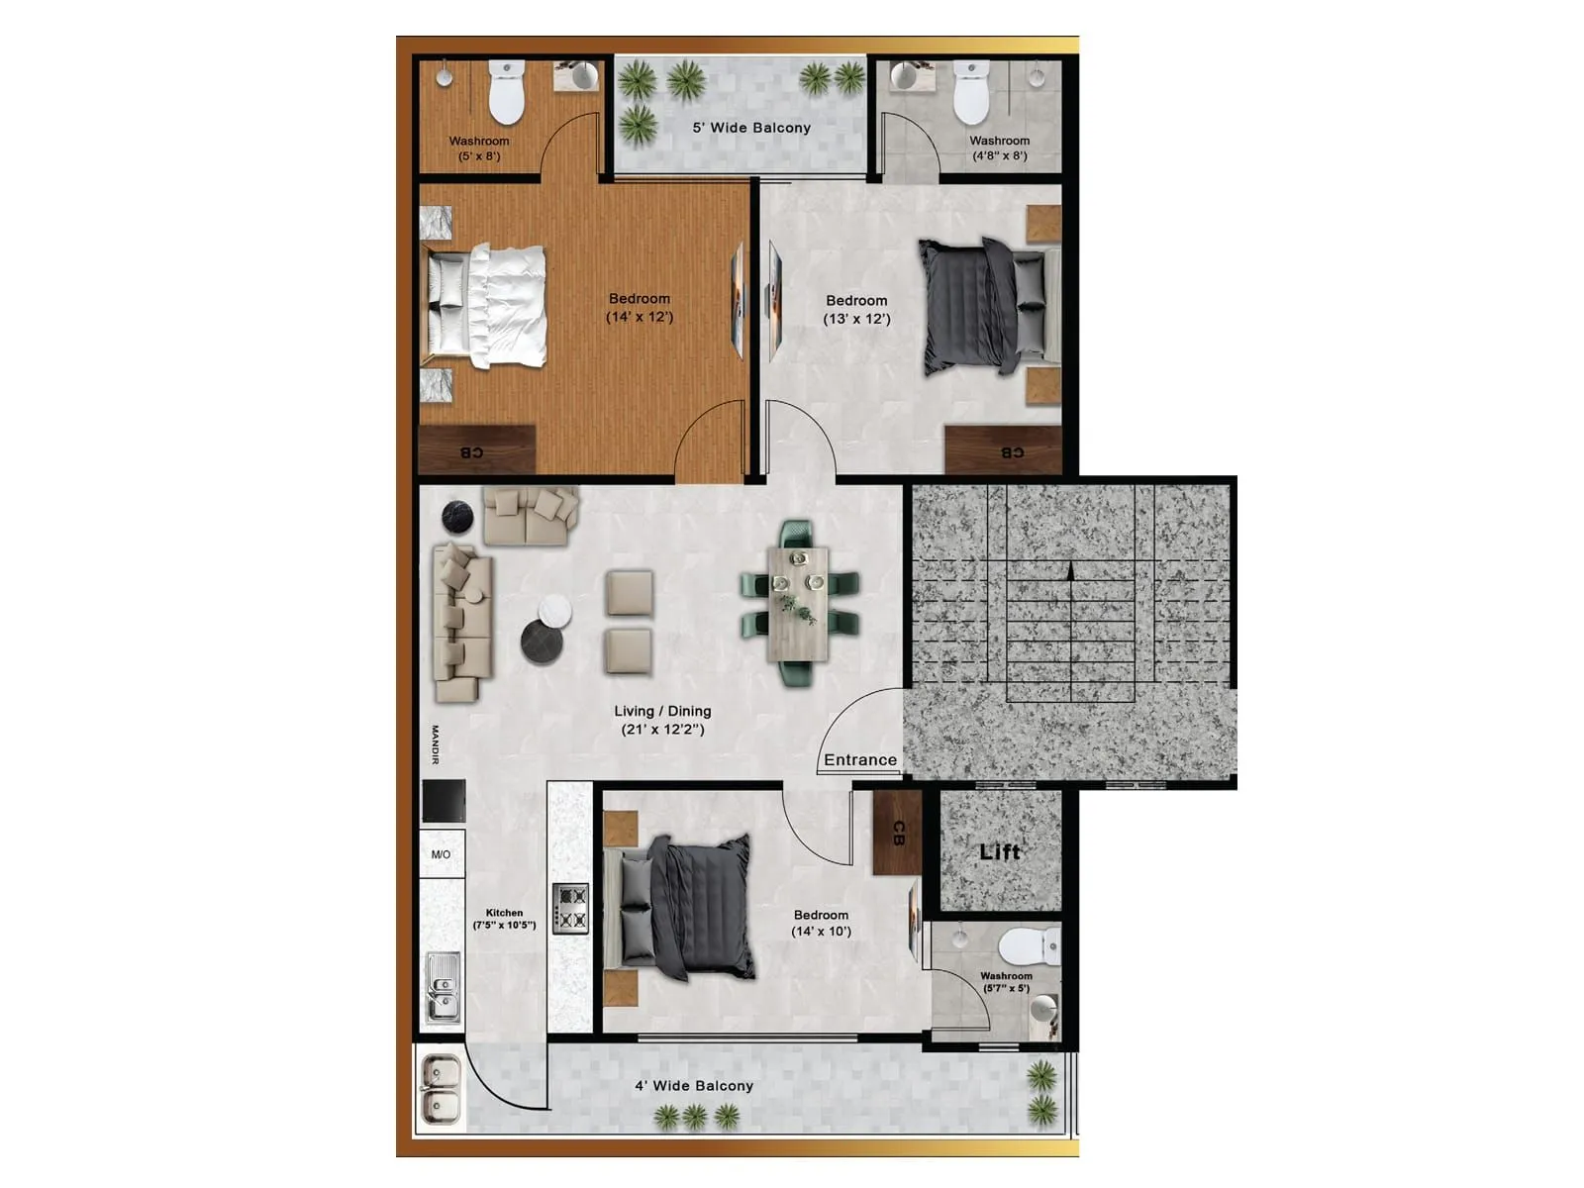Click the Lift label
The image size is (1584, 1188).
[x=999, y=851]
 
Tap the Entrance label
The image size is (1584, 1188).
[x=860, y=760]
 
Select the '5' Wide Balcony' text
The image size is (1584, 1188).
[x=751, y=128]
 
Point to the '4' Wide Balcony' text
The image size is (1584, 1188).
[x=694, y=1086]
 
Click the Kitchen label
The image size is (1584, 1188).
[x=504, y=913]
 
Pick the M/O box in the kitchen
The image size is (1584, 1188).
[x=441, y=854]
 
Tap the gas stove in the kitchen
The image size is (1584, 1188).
[x=570, y=909]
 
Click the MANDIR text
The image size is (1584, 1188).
[x=435, y=744]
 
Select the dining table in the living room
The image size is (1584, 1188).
[x=798, y=603]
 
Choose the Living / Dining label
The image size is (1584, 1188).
[x=662, y=711]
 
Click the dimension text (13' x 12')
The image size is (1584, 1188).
[x=856, y=319]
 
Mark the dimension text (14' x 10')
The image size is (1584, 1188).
[x=821, y=932]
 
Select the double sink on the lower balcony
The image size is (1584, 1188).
[x=440, y=1090]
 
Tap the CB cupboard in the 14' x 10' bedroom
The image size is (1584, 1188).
[x=897, y=833]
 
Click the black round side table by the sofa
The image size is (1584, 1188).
[x=457, y=516]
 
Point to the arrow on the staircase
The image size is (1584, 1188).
[x=1070, y=571]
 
